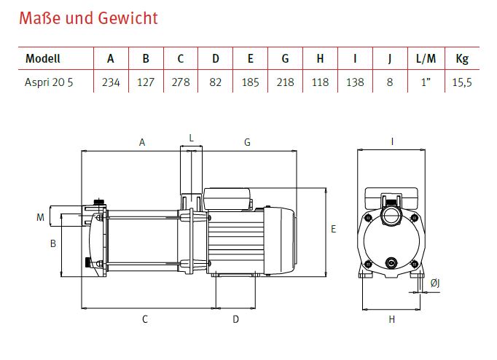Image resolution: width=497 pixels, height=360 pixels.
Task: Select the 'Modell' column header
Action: [43, 59]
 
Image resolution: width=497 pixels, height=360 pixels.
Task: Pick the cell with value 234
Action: [111, 82]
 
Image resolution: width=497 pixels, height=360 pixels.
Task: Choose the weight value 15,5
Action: [462, 82]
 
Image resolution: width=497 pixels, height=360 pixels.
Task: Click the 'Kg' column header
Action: [462, 59]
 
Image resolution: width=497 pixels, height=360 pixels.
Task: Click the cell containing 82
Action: [215, 82]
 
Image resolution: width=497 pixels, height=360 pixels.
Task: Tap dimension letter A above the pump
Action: [142, 143]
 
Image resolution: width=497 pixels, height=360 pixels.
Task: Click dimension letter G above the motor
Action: [247, 143]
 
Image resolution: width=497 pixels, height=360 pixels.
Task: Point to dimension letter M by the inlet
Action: [40, 216]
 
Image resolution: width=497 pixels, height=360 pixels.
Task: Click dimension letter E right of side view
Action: [334, 229]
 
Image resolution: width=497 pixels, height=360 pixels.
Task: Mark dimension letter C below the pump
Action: [145, 318]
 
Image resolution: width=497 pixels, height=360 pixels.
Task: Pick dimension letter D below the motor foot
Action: [235, 318]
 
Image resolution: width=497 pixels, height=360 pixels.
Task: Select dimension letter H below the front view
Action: [391, 319]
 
